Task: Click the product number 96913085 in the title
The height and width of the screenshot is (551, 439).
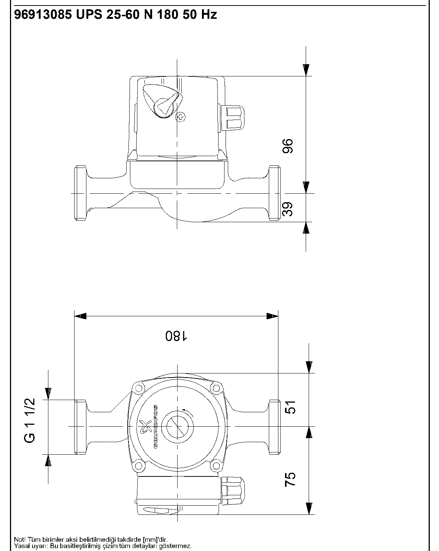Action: coord(43,15)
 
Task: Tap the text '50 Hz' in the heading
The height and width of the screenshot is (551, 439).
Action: coord(200,15)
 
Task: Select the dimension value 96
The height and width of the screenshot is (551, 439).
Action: coord(287,146)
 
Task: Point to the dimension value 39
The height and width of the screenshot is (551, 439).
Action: coord(287,209)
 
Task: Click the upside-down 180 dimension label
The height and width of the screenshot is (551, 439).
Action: coord(176,336)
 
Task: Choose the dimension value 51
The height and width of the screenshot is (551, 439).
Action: coord(290,407)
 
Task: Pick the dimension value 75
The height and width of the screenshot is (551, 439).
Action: coord(290,479)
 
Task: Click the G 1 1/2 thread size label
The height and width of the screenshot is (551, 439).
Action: coord(30,420)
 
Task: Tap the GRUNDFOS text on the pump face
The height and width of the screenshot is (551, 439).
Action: coord(156,427)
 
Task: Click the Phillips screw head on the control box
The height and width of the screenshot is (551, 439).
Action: coord(181,117)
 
